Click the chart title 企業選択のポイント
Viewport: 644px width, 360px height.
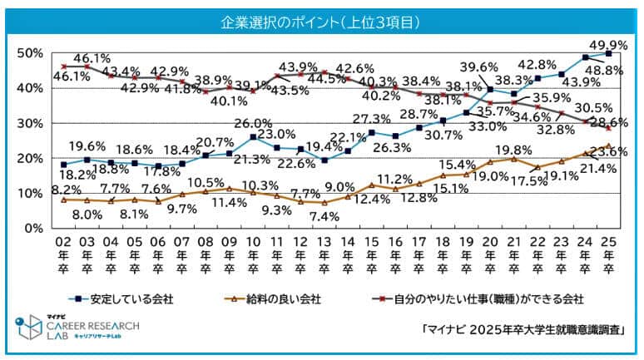(x=320, y=19)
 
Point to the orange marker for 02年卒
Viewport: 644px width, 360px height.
(x=63, y=200)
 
